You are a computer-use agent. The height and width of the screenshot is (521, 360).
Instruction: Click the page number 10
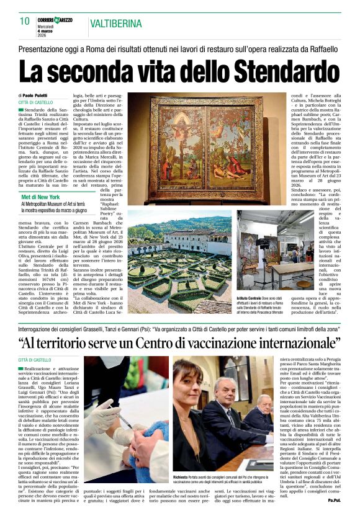(25, 21)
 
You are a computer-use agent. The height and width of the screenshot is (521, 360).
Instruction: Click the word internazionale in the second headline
(294, 342)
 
